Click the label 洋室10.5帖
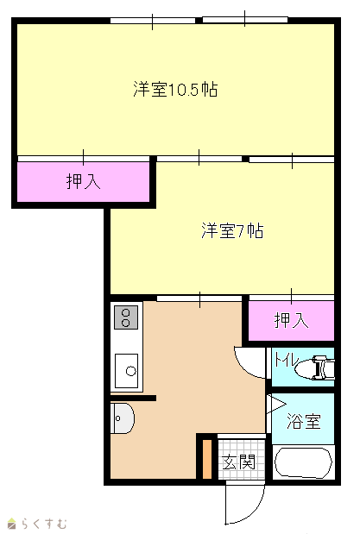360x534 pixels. click(x=175, y=89)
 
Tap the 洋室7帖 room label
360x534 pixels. click(x=232, y=230)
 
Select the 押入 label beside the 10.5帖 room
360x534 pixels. click(x=83, y=181)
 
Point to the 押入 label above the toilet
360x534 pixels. click(x=291, y=320)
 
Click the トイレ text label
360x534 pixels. click(x=286, y=360)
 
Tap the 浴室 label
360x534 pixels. click(x=303, y=421)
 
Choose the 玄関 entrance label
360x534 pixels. click(x=238, y=462)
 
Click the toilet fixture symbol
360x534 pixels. click(x=314, y=368)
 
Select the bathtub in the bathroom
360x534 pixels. click(x=303, y=462)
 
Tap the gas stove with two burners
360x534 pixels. click(x=126, y=317)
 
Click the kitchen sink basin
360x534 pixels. click(x=127, y=371)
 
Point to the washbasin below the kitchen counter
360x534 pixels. click(x=122, y=418)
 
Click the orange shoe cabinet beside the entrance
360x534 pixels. click(x=207, y=459)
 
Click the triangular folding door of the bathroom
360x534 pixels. click(x=275, y=405)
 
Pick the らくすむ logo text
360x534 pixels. click(x=44, y=524)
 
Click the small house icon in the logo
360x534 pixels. click(x=11, y=524)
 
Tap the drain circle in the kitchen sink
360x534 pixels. click(x=131, y=371)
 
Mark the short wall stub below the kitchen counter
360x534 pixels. click(x=133, y=398)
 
